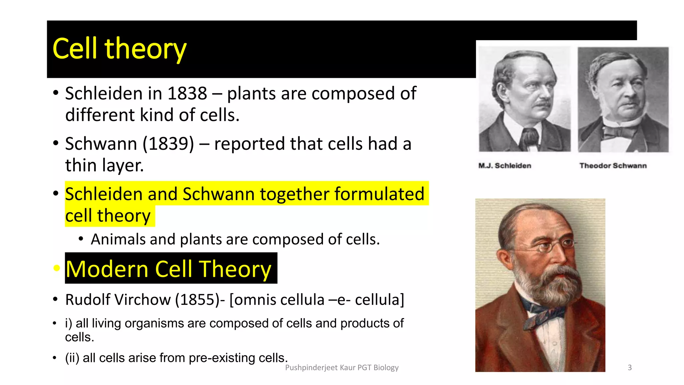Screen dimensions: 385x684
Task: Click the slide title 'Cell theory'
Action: pyautogui.click(x=119, y=49)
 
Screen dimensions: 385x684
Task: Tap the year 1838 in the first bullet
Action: pyautogui.click(x=187, y=94)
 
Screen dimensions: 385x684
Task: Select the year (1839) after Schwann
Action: pyautogui.click(x=168, y=144)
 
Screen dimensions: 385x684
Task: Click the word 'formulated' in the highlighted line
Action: pyautogui.click(x=379, y=194)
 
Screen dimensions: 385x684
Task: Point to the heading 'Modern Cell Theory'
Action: pyautogui.click(x=168, y=269)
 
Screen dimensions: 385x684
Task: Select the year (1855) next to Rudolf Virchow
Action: pyautogui.click(x=200, y=300)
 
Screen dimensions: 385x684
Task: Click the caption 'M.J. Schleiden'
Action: pyautogui.click(x=505, y=166)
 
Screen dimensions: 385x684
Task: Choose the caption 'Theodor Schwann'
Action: pyautogui.click(x=613, y=166)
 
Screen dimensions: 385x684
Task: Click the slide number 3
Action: pyautogui.click(x=630, y=368)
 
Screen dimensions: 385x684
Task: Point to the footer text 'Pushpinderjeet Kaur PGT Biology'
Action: pyautogui.click(x=342, y=368)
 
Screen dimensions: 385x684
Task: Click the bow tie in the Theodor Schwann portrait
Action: pyautogui.click(x=618, y=132)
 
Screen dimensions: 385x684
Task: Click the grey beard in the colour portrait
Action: pyautogui.click(x=551, y=287)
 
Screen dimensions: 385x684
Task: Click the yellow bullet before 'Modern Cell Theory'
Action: pyautogui.click(x=56, y=268)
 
